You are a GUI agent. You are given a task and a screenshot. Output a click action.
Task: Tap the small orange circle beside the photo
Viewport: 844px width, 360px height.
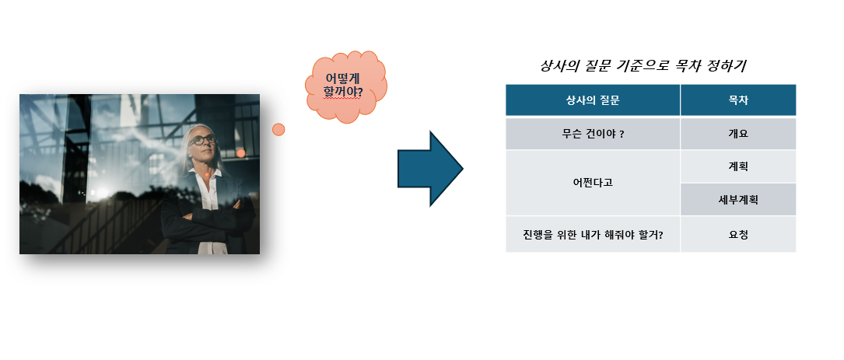pos(278,129)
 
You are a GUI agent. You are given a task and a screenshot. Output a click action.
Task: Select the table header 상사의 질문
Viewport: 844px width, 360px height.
pos(593,100)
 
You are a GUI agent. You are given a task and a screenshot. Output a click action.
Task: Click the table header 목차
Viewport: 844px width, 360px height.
pos(738,100)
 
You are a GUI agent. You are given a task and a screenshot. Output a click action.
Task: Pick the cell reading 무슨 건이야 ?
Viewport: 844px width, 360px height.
pos(593,134)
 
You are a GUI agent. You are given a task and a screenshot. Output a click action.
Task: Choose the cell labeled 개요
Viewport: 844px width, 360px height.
pos(738,134)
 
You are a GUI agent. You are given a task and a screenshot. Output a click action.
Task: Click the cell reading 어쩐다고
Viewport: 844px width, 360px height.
pos(593,183)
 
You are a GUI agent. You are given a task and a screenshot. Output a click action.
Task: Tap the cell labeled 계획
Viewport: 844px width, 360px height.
pos(738,166)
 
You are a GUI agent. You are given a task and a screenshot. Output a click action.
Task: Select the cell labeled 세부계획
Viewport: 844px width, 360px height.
pos(738,200)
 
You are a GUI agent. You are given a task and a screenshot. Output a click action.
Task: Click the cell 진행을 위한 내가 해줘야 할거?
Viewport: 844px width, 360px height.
pos(593,234)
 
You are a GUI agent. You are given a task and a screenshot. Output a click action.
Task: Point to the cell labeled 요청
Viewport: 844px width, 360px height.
pos(738,234)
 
